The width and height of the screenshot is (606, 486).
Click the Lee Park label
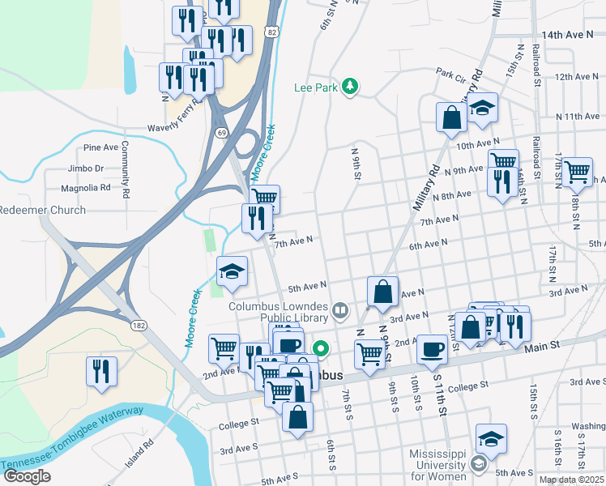[x=314, y=86]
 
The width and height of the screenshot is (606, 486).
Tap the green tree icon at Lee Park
[x=350, y=86]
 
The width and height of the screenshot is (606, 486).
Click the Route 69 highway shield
[x=220, y=131]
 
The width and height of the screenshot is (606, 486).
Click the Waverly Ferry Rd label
[x=177, y=127]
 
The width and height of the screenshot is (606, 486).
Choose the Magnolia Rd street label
[x=85, y=188]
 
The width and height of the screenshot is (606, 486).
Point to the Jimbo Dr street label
[x=87, y=168]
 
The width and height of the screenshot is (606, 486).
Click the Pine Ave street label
[x=100, y=147]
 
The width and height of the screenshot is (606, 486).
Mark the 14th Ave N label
[x=568, y=36]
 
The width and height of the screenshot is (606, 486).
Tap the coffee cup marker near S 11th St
[x=431, y=349]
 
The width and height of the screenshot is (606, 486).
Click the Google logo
[x=27, y=476]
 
